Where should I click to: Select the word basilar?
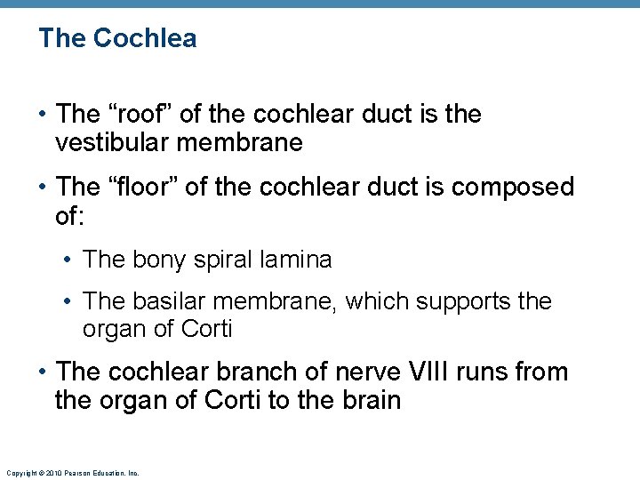point(169,302)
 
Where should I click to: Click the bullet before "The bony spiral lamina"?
point(68,260)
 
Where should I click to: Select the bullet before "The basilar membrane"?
point(68,303)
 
